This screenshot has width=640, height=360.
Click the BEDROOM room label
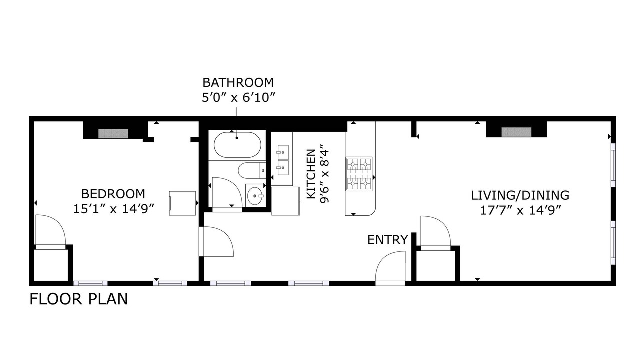tap(113, 194)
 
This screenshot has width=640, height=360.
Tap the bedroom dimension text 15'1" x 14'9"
tap(114, 209)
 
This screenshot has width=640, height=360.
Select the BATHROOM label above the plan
tap(238, 83)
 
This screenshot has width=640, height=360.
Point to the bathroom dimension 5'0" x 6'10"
tap(238, 98)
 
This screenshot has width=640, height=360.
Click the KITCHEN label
tap(311, 174)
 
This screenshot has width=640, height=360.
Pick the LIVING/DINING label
tap(520, 195)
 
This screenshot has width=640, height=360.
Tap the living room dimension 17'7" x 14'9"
tap(521, 211)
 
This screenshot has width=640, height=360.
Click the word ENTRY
tap(387, 240)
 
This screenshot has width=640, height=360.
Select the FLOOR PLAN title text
tap(79, 299)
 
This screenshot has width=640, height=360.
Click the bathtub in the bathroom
tap(237, 145)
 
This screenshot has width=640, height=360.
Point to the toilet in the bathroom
tap(252, 171)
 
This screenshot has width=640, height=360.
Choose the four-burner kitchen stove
tap(359, 174)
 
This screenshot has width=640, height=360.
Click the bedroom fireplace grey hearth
tap(113, 133)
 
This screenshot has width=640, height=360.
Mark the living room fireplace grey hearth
tap(516, 132)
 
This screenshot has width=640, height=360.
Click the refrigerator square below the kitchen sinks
tap(285, 201)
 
